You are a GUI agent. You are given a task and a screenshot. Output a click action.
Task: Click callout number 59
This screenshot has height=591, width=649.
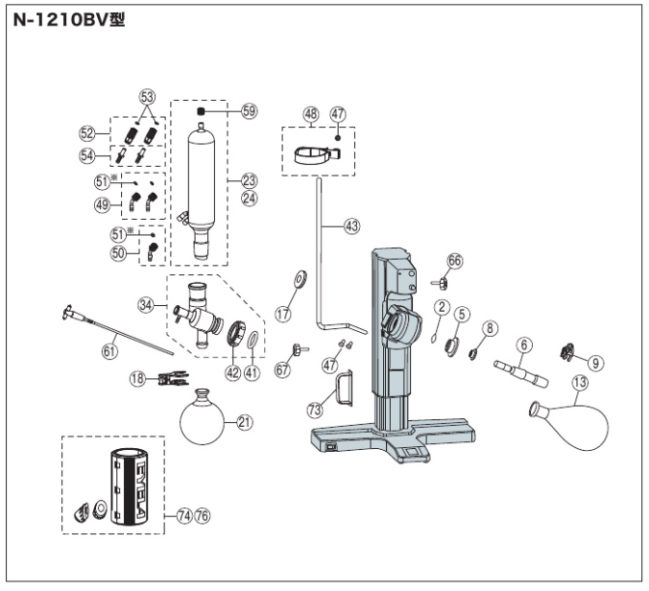point(250,111)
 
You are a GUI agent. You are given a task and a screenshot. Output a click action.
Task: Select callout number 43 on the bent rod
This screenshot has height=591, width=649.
point(351,226)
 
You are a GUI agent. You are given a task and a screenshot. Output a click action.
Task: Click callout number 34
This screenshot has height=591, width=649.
point(147,305)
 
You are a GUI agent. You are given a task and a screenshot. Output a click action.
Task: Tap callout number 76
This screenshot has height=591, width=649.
point(202,515)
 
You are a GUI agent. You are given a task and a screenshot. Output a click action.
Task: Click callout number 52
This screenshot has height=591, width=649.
point(85,132)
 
